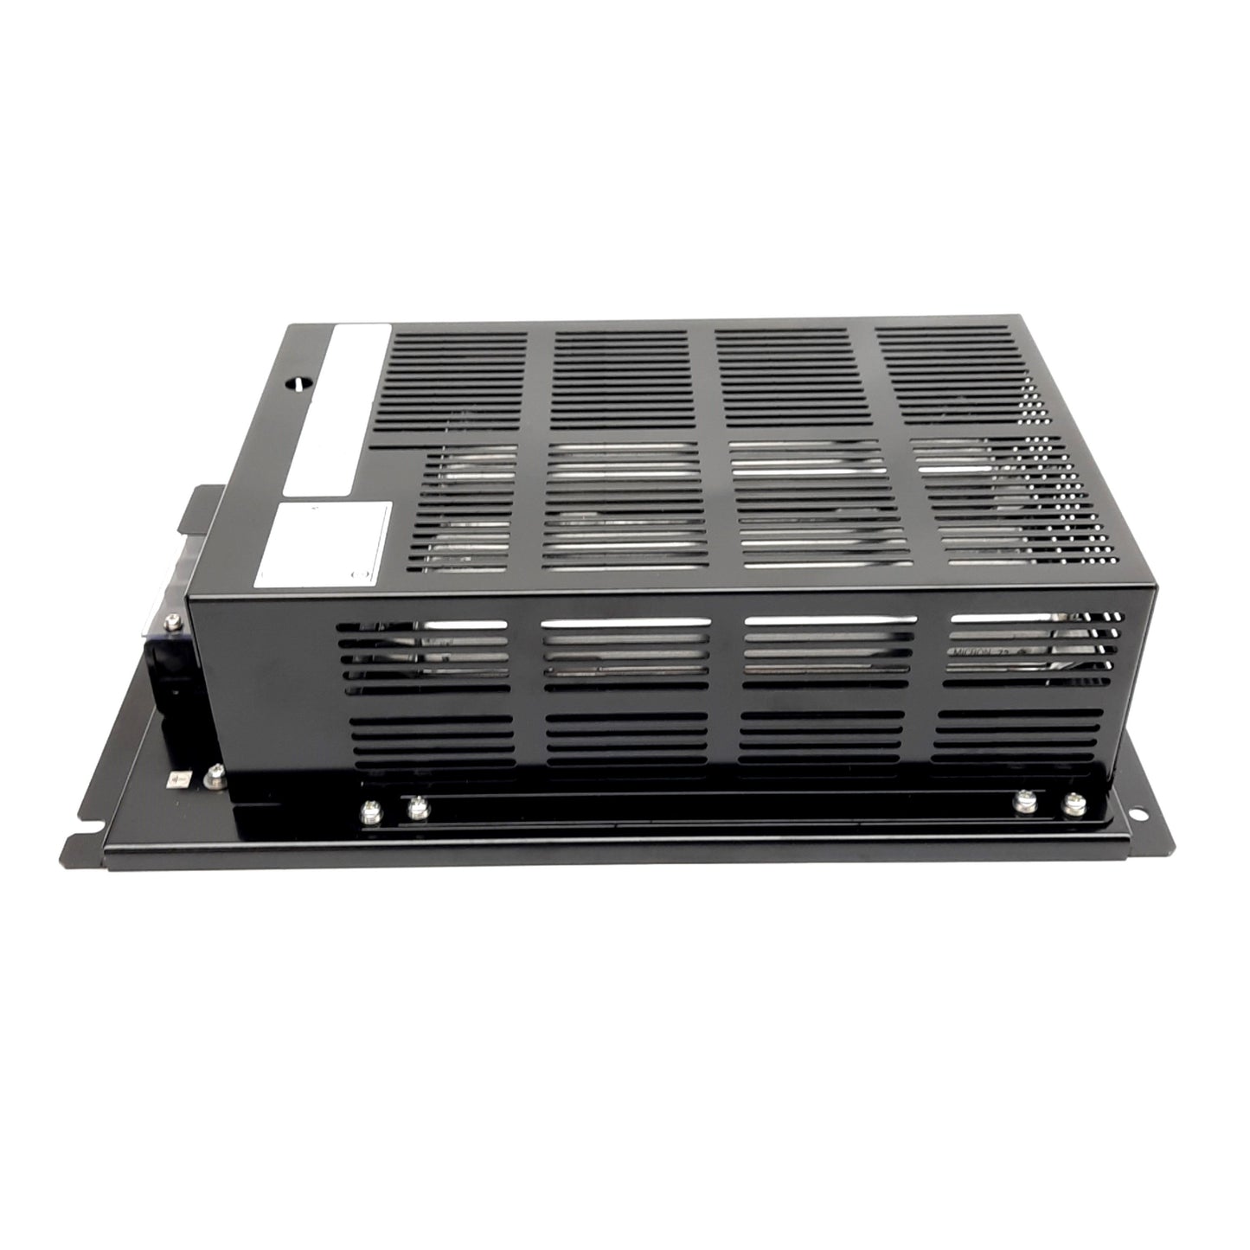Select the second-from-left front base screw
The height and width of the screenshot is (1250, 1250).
(x=417, y=808)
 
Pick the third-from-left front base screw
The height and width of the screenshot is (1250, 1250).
(x=1025, y=803)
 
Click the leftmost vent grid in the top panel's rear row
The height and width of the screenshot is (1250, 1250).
(x=454, y=381)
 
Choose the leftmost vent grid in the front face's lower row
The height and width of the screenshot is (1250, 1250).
(x=430, y=742)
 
